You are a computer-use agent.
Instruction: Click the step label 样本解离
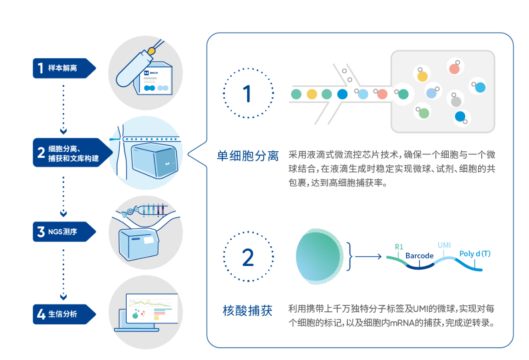pos(62,68)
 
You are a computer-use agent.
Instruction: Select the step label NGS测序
pos(63,232)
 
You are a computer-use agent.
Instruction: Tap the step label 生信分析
pos(63,314)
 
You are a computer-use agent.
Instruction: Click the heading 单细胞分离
pos(248,156)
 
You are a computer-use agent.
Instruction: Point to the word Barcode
pos(419,256)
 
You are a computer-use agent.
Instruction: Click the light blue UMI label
pos(444,245)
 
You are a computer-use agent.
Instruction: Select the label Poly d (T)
pos(475,254)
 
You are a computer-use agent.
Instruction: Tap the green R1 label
pos(399,247)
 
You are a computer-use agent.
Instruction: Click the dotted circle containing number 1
pos(247,93)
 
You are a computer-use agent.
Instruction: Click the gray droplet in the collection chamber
pos(456,101)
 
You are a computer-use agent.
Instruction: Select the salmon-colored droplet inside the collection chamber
pos(454,69)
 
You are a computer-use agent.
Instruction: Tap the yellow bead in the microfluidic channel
pos(312,94)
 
